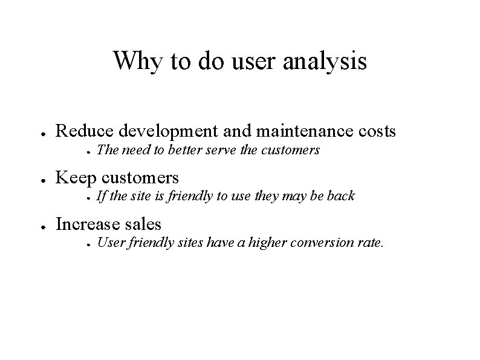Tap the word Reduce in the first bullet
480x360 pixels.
[x=85, y=130]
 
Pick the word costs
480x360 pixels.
[x=375, y=130]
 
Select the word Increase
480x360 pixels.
[x=88, y=224]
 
